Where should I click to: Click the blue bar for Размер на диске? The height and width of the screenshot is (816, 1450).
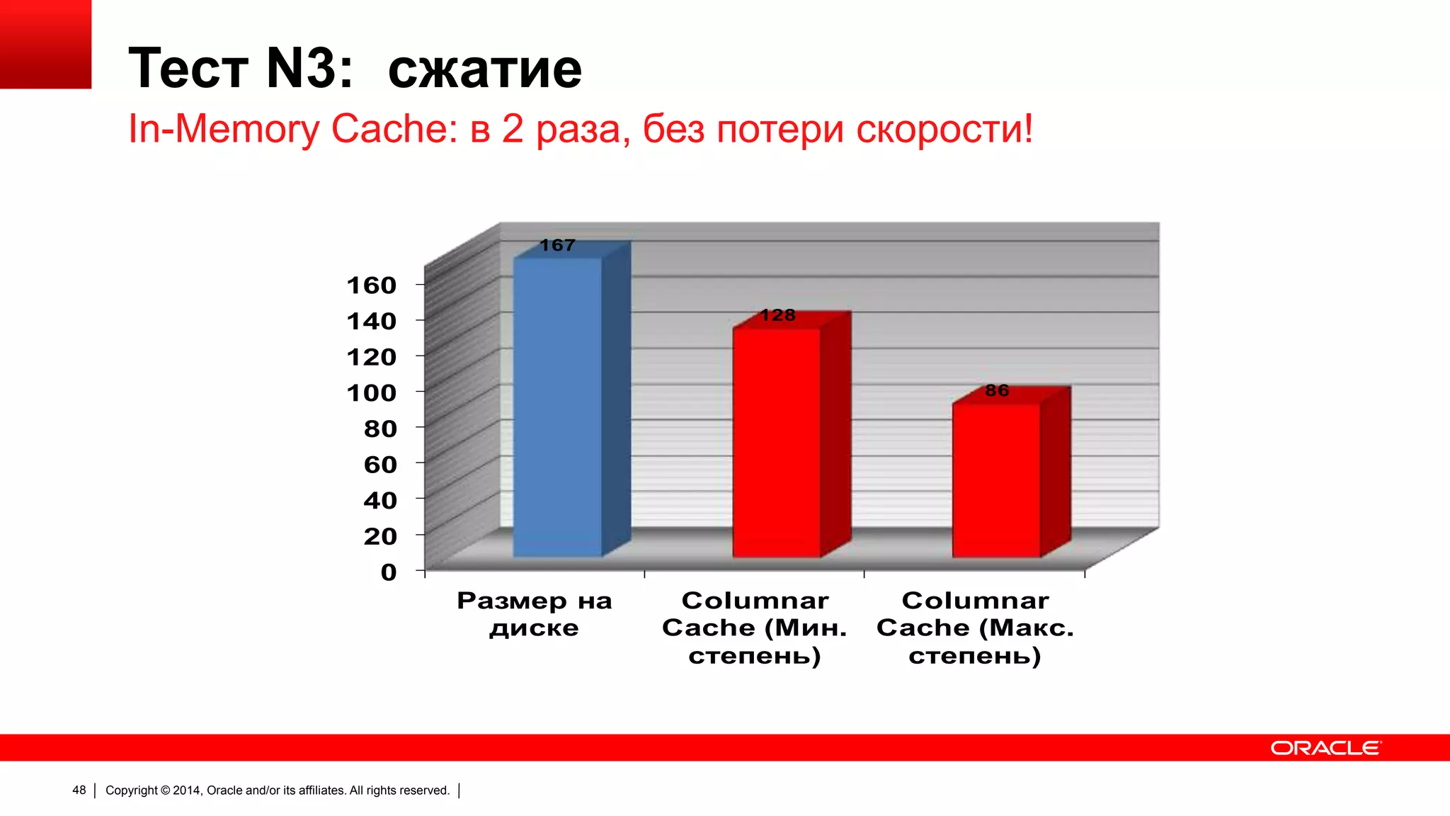558,407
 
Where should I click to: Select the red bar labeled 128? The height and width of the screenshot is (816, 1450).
777,443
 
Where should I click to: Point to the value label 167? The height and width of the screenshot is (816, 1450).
558,245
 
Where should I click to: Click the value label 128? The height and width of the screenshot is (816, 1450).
777,315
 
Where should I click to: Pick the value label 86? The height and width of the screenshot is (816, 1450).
997,390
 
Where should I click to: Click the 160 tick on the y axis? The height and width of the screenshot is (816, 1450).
371,285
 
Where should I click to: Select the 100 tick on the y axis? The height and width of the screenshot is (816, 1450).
371,392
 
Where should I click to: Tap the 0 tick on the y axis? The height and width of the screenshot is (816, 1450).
389,572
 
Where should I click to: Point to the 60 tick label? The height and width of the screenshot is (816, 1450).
380,465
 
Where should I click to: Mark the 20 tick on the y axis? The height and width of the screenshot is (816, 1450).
380,536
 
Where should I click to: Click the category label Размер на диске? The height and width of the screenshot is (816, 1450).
535,614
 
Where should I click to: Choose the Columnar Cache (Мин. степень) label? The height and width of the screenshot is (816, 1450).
755,628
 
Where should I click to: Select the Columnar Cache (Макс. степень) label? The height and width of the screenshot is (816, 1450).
975,628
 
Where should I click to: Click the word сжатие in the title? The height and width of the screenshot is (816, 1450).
485,69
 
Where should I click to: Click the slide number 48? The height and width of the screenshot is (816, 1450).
79,790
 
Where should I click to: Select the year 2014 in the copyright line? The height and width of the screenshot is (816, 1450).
187,790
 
